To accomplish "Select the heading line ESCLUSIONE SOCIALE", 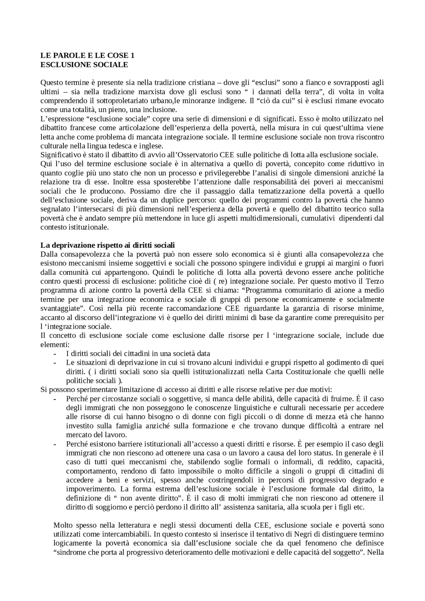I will coord(84,65).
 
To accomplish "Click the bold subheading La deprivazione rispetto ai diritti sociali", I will coord(107,245).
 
